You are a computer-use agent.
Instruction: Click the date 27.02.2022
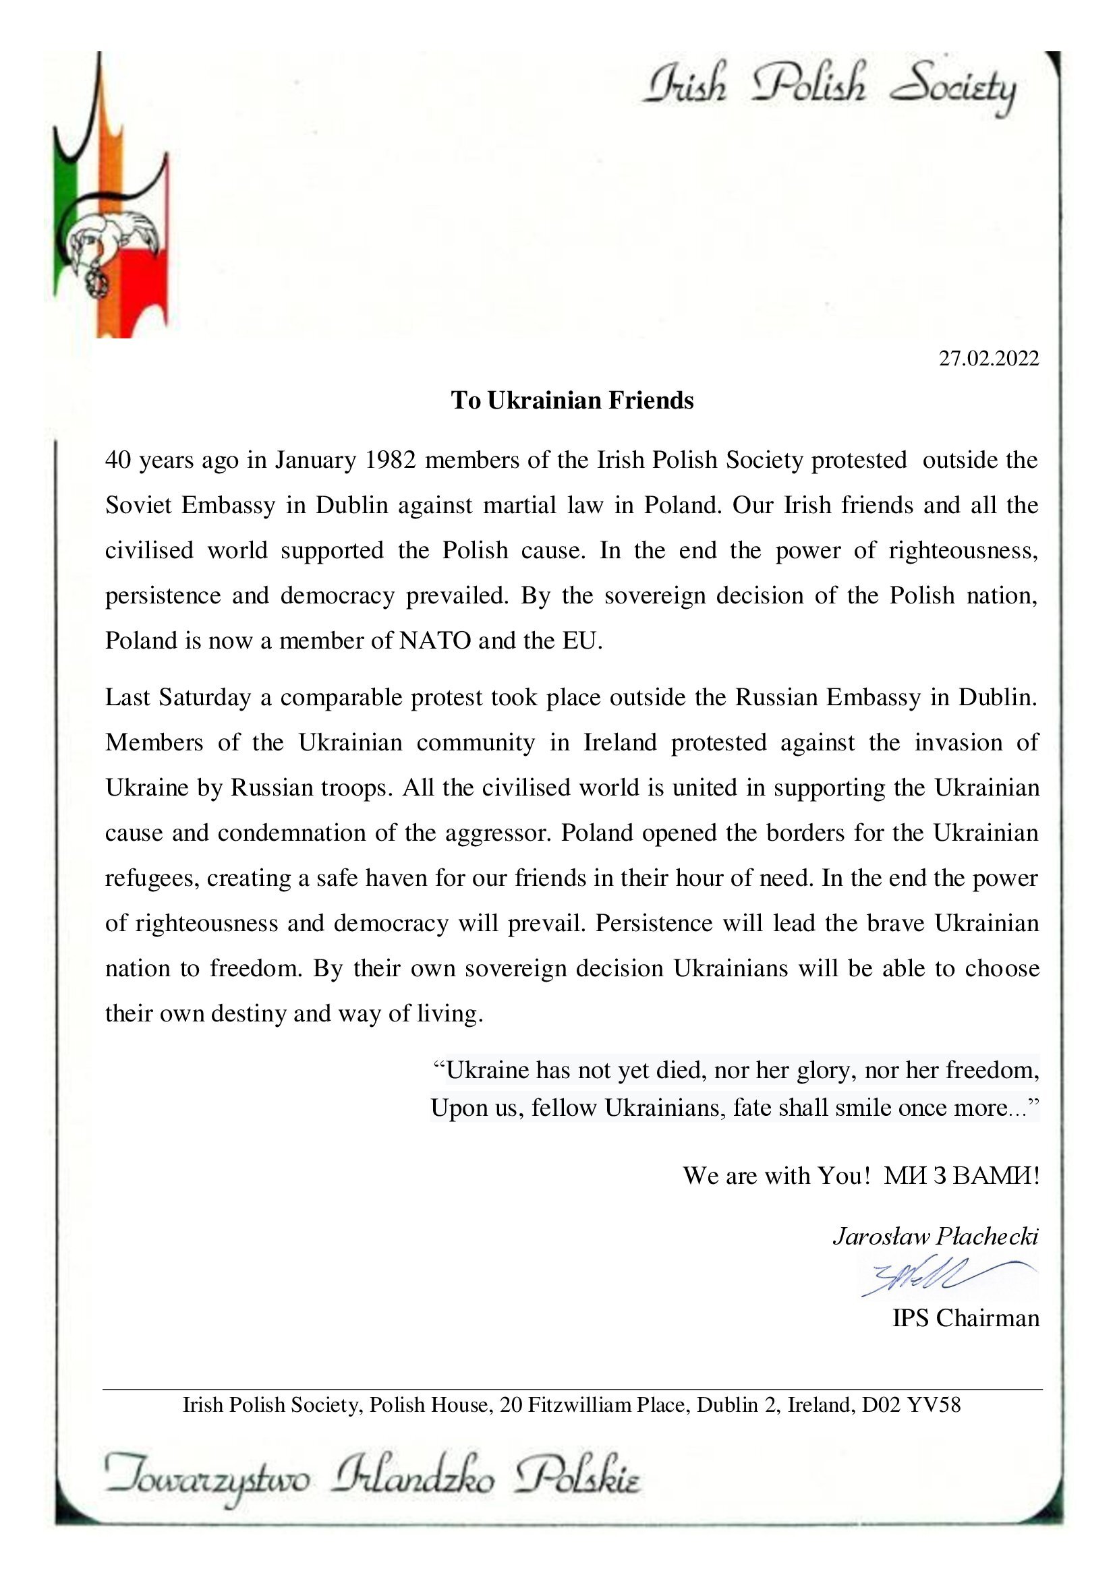click(989, 359)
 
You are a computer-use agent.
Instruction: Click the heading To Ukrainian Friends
click(571, 400)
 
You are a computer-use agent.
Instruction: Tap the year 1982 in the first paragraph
click(390, 460)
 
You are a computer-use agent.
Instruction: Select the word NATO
click(435, 640)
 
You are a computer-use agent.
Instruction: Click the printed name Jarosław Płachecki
click(935, 1237)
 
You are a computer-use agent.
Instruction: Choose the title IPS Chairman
click(965, 1318)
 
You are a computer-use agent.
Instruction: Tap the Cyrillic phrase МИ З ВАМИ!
click(961, 1176)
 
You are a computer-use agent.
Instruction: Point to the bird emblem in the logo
click(113, 237)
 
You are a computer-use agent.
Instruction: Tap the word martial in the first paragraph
click(511, 505)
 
